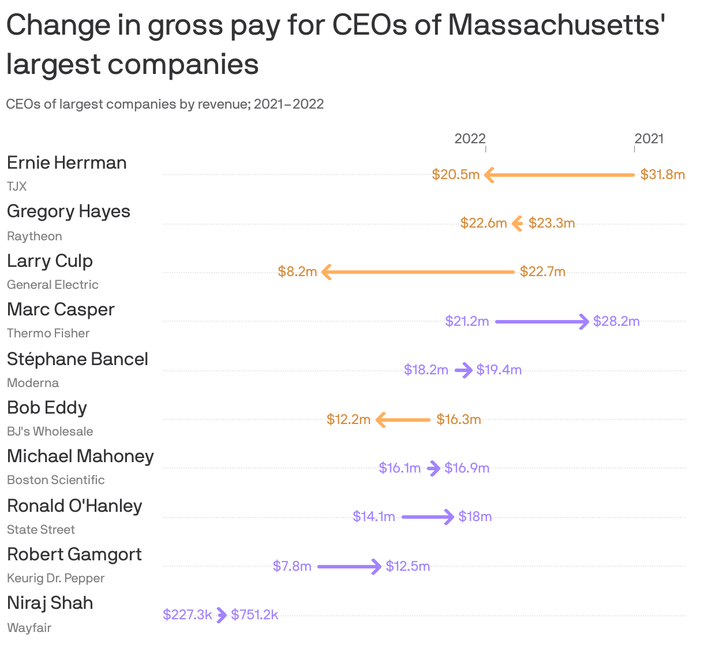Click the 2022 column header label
470,139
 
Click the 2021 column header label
649,139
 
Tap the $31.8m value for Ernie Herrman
662,174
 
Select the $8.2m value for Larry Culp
297,272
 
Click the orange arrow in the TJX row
559,174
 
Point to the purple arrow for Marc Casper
542,321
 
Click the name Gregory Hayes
69,211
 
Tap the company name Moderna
33,383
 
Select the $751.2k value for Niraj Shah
254,615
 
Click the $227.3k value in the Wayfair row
188,615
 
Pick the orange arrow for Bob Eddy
403,419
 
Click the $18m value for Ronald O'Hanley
475,516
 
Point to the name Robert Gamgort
74,555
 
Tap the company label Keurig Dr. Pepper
56,578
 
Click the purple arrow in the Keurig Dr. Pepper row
349,566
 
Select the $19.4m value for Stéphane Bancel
499,370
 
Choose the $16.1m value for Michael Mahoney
400,468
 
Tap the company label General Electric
53,285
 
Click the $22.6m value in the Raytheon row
484,223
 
